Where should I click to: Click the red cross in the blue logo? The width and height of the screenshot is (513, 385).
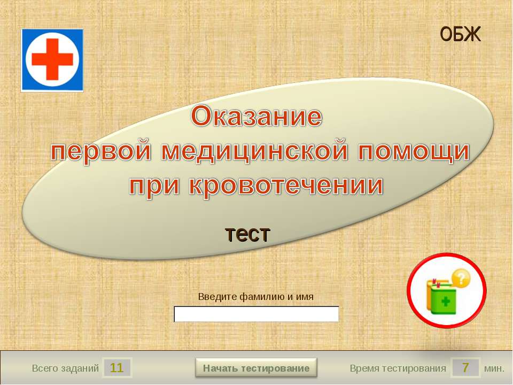coord(52,59)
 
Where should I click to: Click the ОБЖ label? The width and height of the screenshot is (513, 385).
coord(460,34)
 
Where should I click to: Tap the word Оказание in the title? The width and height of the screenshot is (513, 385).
coord(256,116)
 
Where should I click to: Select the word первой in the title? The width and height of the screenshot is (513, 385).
coord(101,151)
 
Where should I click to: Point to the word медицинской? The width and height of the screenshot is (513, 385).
coord(254,151)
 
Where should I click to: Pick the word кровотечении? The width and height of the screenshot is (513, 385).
coord(286,186)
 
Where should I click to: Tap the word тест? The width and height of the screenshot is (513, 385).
coord(247,234)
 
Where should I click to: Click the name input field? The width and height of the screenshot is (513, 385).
coord(256,314)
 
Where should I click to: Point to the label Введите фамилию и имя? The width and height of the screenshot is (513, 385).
coord(256,297)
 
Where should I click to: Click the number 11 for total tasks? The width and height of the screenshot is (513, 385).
coord(116,368)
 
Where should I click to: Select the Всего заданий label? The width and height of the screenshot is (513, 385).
coord(65,368)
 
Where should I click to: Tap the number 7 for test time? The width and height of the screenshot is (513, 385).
coord(465,368)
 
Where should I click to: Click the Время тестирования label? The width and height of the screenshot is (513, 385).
coord(398,368)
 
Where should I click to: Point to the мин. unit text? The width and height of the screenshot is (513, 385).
coord(494,368)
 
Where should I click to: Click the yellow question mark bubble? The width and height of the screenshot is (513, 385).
coord(461,278)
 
